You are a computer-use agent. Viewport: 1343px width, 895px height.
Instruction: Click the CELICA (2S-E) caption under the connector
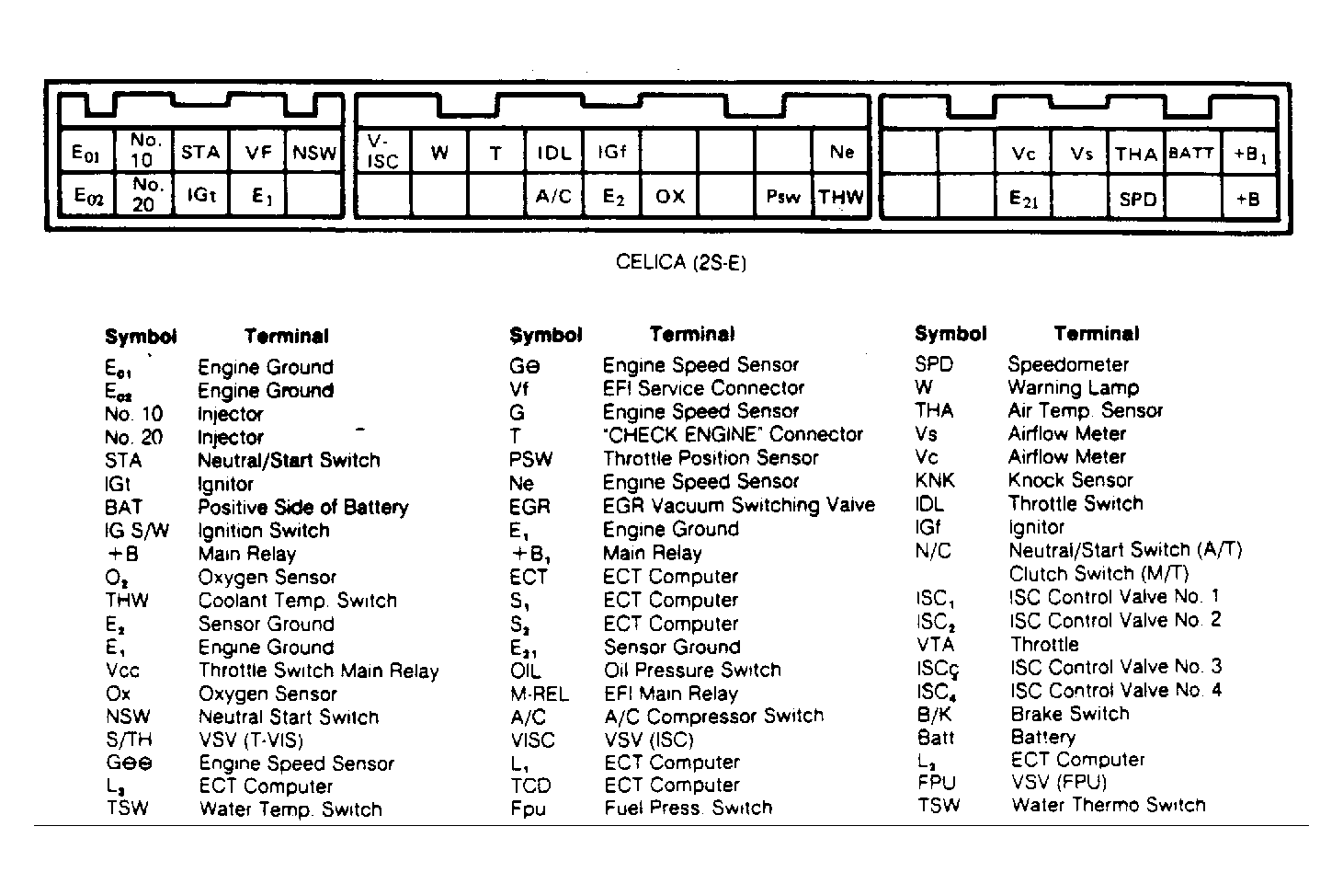pos(681,263)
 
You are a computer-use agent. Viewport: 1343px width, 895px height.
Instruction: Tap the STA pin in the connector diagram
pos(199,152)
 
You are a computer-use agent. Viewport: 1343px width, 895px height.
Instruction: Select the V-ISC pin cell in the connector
pos(382,153)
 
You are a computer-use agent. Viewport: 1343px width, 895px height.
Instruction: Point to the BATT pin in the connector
pos(1191,153)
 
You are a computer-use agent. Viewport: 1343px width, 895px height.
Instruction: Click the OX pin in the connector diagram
pos(670,197)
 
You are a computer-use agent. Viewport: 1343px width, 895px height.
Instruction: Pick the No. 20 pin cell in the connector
pos(143,194)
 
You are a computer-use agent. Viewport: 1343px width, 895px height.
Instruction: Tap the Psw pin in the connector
pos(783,197)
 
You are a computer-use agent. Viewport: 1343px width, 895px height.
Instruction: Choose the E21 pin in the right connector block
pos(1024,198)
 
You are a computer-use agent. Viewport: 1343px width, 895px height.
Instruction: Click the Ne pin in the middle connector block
pos(841,152)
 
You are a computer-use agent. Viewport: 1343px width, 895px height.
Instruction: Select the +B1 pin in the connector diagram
pos(1249,154)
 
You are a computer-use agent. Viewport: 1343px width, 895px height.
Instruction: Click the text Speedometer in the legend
pos(1067,364)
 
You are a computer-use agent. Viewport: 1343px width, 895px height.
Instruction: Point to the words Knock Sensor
pos(1070,480)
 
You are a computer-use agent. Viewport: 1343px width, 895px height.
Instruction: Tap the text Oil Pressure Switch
pos(692,670)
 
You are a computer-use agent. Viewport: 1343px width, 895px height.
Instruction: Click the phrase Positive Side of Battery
pos(302,507)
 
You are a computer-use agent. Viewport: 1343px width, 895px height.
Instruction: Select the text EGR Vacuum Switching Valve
pos(738,505)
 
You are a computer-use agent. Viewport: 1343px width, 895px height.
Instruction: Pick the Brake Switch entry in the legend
pos(1070,714)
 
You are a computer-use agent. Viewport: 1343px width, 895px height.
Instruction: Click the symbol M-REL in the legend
pos(540,694)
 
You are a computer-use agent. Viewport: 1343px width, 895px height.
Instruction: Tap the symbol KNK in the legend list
pos(936,480)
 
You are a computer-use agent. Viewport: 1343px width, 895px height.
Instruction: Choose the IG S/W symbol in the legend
pos(136,531)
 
